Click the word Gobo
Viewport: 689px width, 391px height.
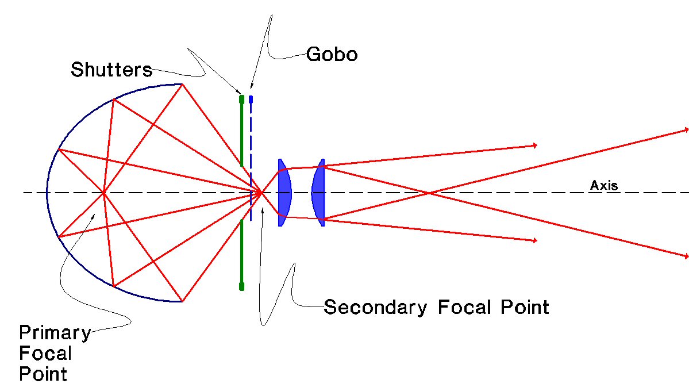coord(332,55)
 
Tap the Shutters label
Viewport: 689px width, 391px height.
coord(111,70)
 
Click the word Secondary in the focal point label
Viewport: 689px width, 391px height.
coord(375,307)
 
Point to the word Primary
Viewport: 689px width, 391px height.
coord(55,333)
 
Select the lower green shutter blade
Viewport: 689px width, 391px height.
coord(242,253)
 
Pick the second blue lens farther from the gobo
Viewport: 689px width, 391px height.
coord(318,192)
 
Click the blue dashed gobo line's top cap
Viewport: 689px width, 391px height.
coord(251,99)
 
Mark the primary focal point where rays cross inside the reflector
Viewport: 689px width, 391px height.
coord(103,192)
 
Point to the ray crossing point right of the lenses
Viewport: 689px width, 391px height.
coord(429,192)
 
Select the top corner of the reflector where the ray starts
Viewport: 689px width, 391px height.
coord(182,84)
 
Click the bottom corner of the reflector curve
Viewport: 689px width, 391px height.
coord(182,301)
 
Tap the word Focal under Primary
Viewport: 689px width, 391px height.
coord(45,353)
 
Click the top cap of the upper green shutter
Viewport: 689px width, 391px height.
coord(242,99)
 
